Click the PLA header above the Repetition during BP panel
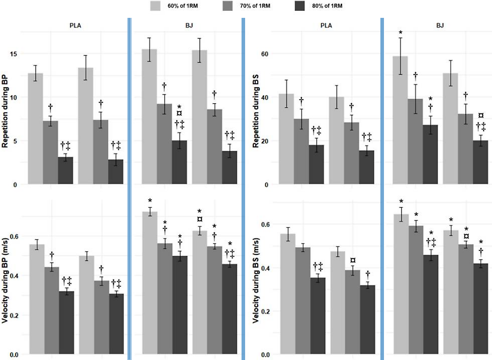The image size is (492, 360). (75, 25)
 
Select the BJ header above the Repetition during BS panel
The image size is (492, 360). (440, 25)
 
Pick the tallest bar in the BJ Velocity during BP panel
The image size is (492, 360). (150, 283)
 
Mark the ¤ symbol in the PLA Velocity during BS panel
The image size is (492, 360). (352, 260)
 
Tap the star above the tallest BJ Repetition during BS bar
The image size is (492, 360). (400, 32)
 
